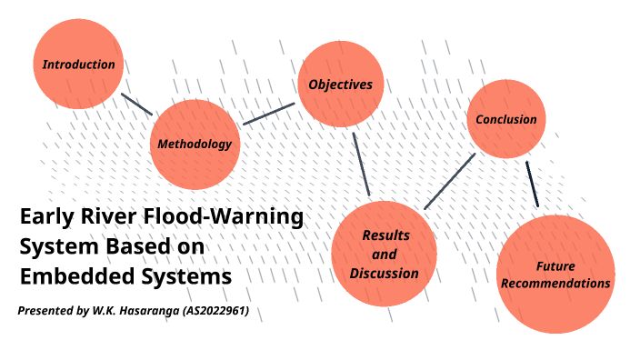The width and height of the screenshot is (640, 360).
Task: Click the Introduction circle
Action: coord(78,64)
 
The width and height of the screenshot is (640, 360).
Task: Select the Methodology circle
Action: coord(195,144)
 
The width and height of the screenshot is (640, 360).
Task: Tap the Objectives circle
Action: coord(341,85)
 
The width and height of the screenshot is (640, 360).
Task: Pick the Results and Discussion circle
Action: coord(378,254)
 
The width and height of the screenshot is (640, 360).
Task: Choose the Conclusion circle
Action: coord(506,119)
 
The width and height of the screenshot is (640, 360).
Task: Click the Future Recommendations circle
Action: coord(555,275)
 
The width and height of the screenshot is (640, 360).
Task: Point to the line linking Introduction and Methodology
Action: coord(136,104)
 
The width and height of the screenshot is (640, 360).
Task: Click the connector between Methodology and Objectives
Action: coord(269,114)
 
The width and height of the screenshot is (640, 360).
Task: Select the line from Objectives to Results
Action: coord(360,164)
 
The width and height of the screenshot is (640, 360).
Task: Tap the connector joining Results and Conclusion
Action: coord(450,181)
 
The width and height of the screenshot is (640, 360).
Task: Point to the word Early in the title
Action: coord(45,218)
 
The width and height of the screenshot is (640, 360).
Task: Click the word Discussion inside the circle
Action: coord(384,273)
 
